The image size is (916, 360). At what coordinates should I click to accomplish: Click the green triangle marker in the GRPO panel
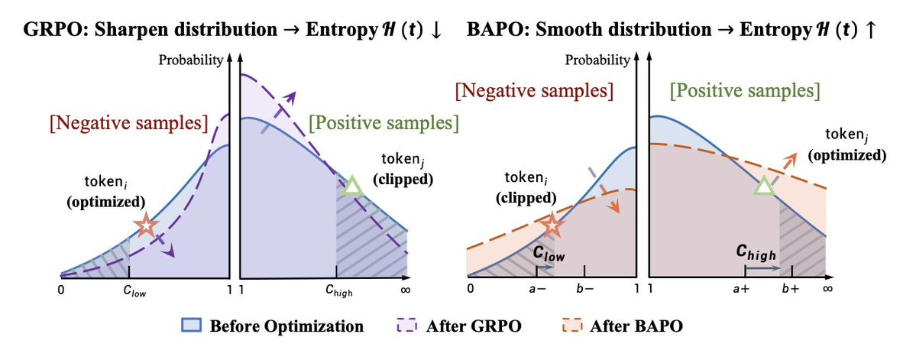pyautogui.click(x=353, y=186)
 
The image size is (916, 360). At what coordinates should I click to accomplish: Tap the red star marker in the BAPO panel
pyautogui.click(x=552, y=225)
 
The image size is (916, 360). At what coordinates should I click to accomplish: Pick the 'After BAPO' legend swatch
pyautogui.click(x=578, y=325)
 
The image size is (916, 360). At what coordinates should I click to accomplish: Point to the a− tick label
pyautogui.click(x=537, y=289)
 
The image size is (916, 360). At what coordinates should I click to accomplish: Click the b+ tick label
pyautogui.click(x=791, y=289)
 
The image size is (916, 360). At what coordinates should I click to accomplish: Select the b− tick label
pyautogui.click(x=584, y=289)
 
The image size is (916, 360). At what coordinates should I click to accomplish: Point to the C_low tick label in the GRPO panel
pyautogui.click(x=129, y=290)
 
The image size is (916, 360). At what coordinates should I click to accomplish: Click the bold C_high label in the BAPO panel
pyautogui.click(x=756, y=252)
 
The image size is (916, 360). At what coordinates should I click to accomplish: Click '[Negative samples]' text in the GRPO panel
pyautogui.click(x=128, y=123)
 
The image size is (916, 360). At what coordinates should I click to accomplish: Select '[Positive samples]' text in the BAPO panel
pyautogui.click(x=744, y=92)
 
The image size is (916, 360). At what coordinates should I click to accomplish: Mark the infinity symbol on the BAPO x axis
pyautogui.click(x=827, y=289)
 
